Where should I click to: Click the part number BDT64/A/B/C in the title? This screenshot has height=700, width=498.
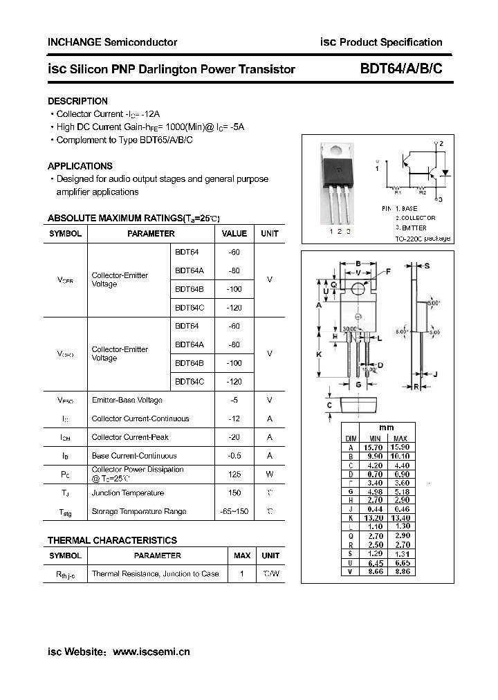(400, 69)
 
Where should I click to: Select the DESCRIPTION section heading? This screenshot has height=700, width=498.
(77, 101)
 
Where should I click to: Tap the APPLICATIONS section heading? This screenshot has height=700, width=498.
(80, 166)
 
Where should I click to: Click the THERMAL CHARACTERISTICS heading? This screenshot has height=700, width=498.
(112, 540)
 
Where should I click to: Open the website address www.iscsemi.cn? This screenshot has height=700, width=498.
(151, 652)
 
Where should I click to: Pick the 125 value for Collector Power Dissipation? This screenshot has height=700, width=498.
(234, 474)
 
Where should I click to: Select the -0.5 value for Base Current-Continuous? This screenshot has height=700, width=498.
(234, 456)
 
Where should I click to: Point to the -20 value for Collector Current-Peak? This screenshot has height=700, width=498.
(234, 437)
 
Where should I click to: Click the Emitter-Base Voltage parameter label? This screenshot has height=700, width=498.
(127, 400)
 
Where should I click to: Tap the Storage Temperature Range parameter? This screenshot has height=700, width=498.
(138, 511)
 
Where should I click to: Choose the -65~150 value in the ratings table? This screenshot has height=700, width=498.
(234, 511)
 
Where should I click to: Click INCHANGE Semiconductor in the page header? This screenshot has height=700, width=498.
(112, 42)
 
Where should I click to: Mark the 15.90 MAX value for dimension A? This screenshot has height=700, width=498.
(400, 448)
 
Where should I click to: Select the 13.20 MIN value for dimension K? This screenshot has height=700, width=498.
(374, 517)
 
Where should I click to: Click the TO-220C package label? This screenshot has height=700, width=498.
(423, 238)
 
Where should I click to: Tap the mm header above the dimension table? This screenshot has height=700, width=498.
(387, 427)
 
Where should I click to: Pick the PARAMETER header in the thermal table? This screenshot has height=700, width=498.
(157, 555)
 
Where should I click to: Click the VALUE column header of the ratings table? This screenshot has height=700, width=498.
(234, 234)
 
